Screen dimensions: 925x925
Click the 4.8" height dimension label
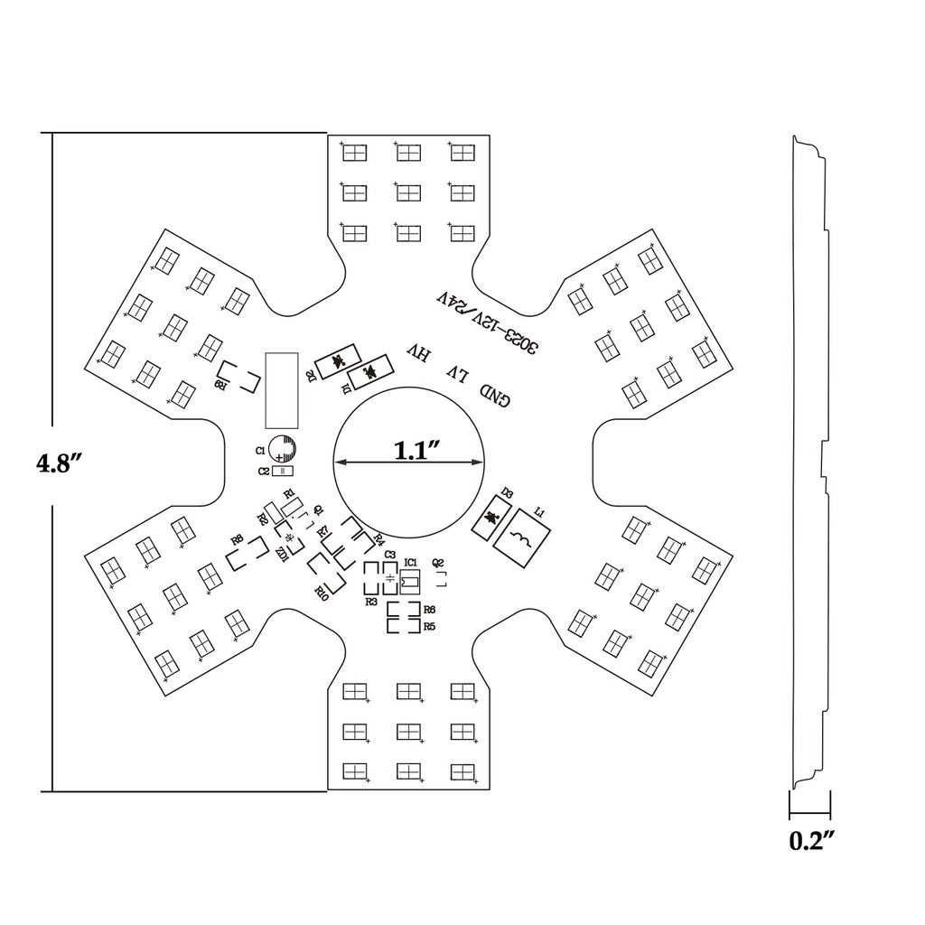[x=61, y=463]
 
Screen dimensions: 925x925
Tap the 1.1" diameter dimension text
[x=416, y=450]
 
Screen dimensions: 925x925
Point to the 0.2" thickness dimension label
[x=810, y=841]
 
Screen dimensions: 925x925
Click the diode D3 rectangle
[x=493, y=519]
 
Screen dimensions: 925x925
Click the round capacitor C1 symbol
[x=285, y=449]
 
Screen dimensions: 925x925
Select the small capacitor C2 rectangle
[x=284, y=471]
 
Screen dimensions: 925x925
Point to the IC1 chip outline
[x=410, y=580]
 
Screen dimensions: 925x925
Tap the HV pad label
[x=416, y=353]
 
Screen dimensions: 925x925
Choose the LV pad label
[x=457, y=373]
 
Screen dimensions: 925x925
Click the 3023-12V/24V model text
[x=487, y=320]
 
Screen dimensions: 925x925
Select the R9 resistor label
[x=220, y=385]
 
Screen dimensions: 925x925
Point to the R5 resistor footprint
[x=404, y=626]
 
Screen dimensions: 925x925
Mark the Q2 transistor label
[x=438, y=562]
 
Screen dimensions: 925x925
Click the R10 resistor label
[x=321, y=592]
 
